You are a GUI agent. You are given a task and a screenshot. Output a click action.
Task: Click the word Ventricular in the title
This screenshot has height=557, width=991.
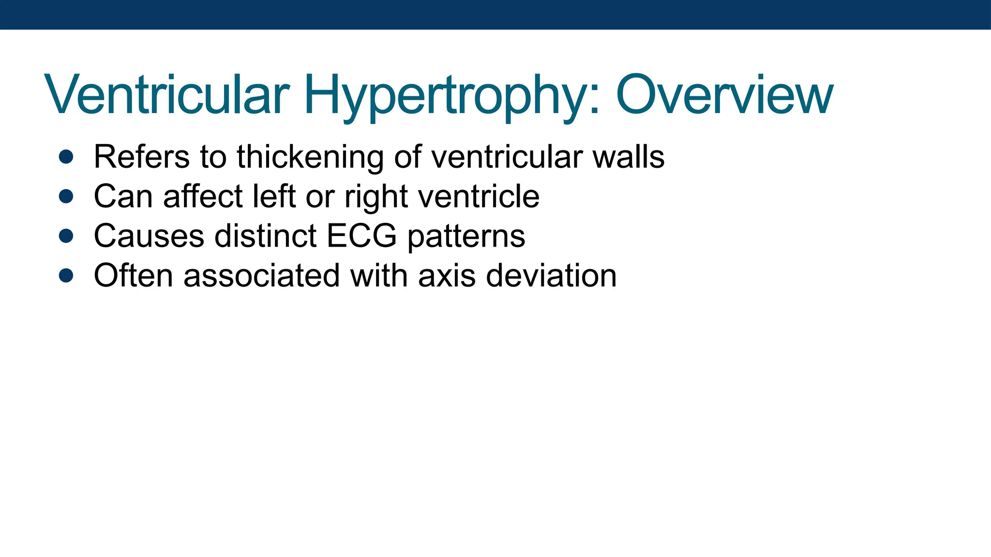167,95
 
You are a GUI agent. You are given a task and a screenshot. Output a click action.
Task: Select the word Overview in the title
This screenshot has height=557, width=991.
724,95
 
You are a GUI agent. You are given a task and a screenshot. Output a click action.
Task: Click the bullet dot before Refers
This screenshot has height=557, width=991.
66,157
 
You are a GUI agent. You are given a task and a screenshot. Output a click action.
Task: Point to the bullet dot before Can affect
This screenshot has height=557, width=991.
66,196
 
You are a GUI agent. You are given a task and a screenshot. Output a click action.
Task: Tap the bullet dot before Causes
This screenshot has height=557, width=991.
66,236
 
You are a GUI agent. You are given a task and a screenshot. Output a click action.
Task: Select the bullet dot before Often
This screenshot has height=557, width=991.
66,276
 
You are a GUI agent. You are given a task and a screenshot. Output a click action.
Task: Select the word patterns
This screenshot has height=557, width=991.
466,237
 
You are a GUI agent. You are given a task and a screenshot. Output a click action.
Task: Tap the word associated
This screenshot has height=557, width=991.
261,276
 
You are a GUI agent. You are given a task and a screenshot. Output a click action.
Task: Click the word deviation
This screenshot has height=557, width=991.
551,276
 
